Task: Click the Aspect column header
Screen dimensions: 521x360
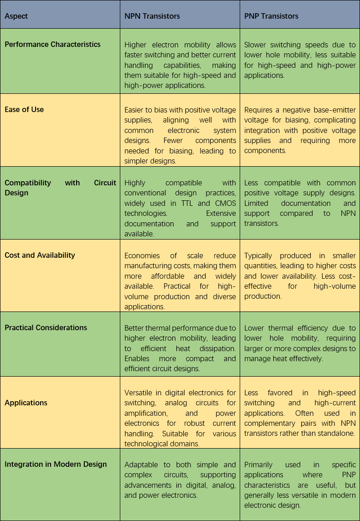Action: (x=16, y=16)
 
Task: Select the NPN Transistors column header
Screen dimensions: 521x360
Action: (x=152, y=16)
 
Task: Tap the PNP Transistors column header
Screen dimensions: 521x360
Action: (x=271, y=16)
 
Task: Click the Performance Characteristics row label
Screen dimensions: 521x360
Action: (x=52, y=44)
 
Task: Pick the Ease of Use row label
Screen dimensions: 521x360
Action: (x=24, y=109)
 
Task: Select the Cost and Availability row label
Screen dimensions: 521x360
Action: (x=40, y=255)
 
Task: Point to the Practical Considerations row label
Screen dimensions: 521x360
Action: (x=46, y=327)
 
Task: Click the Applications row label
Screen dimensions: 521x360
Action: (x=26, y=403)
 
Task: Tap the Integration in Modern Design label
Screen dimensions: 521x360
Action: (x=56, y=464)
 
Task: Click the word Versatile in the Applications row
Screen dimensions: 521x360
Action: (x=139, y=393)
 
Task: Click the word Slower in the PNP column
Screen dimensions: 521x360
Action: (x=255, y=45)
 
